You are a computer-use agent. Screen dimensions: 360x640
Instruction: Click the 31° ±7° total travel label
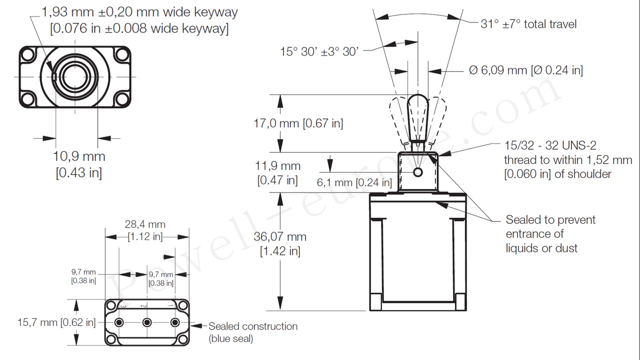528,24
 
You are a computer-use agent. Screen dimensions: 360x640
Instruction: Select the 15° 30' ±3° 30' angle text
319,51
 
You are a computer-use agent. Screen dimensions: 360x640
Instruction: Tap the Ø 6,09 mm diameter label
526,70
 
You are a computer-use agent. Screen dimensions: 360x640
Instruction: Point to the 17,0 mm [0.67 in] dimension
298,123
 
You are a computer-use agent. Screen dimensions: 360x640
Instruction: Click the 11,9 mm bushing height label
278,173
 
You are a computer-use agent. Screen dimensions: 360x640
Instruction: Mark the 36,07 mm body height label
279,243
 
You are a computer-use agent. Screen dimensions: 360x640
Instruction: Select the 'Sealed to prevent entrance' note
550,233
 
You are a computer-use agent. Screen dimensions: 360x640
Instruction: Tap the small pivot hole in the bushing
418,172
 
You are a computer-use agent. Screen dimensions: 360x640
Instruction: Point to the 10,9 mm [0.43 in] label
79,164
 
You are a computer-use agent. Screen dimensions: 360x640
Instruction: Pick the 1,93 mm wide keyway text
139,20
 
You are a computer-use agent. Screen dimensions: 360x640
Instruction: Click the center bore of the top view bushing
75,76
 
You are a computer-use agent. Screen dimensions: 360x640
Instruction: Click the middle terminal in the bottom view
147,322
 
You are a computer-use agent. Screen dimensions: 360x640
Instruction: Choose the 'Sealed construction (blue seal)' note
252,332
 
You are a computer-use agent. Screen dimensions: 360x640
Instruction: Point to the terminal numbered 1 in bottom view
175,322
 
